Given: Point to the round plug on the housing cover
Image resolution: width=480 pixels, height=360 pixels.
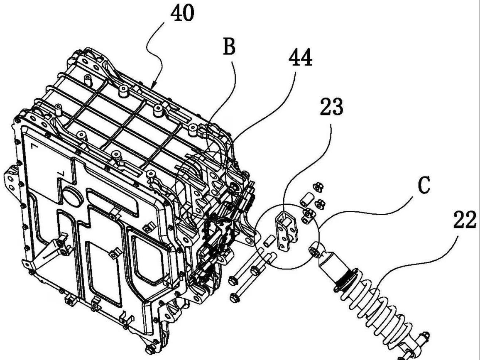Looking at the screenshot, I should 73,195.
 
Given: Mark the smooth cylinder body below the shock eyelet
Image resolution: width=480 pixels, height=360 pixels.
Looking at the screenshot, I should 332,266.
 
